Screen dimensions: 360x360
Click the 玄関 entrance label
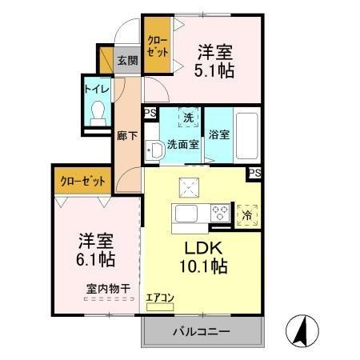pos(126,60)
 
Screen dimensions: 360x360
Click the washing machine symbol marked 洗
pos(189,118)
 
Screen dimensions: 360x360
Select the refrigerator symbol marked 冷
pos(248,214)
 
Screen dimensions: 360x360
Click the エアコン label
pos(162,298)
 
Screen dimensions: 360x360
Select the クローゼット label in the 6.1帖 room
pos(82,182)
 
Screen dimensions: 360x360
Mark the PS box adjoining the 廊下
pos(150,113)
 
